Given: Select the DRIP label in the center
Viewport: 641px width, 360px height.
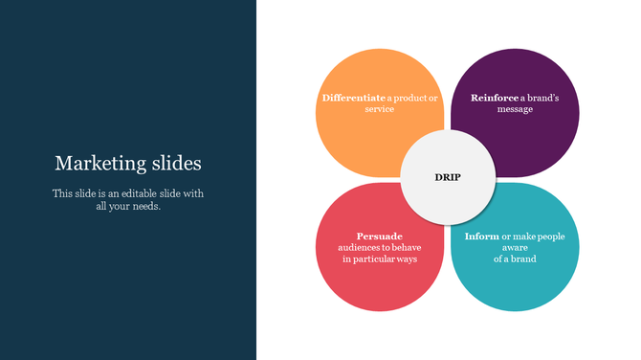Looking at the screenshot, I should [x=447, y=177].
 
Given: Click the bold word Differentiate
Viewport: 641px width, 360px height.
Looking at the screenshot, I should [x=354, y=98].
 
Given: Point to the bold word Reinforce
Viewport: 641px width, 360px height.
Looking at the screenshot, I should [x=495, y=98].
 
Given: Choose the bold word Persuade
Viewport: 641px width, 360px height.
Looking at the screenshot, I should [x=380, y=236].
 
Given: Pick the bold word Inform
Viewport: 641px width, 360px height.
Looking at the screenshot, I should [x=481, y=236].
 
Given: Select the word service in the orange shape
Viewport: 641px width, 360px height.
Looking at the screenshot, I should [x=380, y=109].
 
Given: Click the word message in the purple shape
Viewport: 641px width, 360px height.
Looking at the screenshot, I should [x=515, y=109].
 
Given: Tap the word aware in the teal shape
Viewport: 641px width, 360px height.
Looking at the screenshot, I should [x=515, y=248].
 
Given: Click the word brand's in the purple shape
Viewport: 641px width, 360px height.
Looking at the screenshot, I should [x=540, y=98].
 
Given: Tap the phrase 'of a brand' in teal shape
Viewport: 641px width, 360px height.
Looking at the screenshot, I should [x=515, y=259].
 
